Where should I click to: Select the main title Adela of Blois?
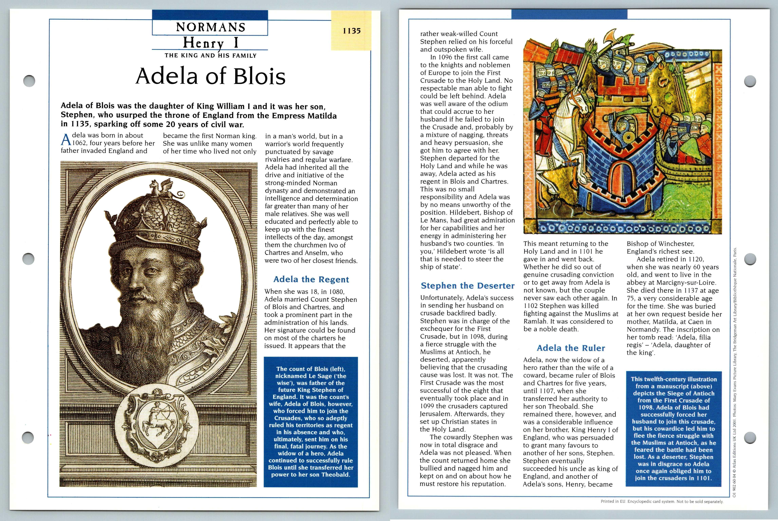(210, 76)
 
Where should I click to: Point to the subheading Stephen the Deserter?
(467, 286)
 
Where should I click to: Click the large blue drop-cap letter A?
(66, 140)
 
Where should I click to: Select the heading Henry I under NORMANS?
(210, 43)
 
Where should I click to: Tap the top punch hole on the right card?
(750, 81)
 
